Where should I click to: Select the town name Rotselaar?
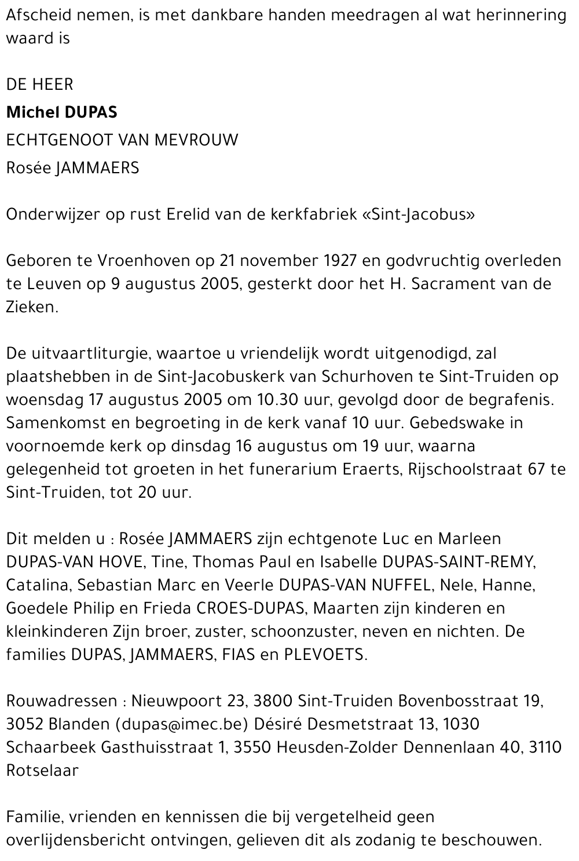pos(42,771)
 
